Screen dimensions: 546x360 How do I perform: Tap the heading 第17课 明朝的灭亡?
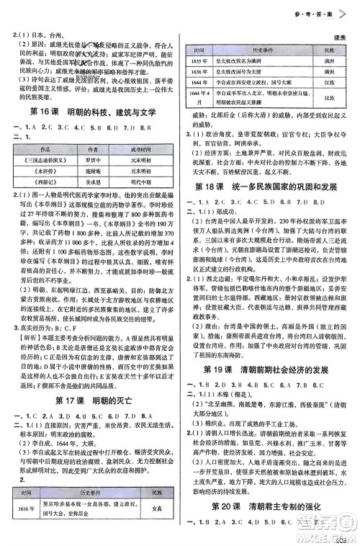tap(94, 399)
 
